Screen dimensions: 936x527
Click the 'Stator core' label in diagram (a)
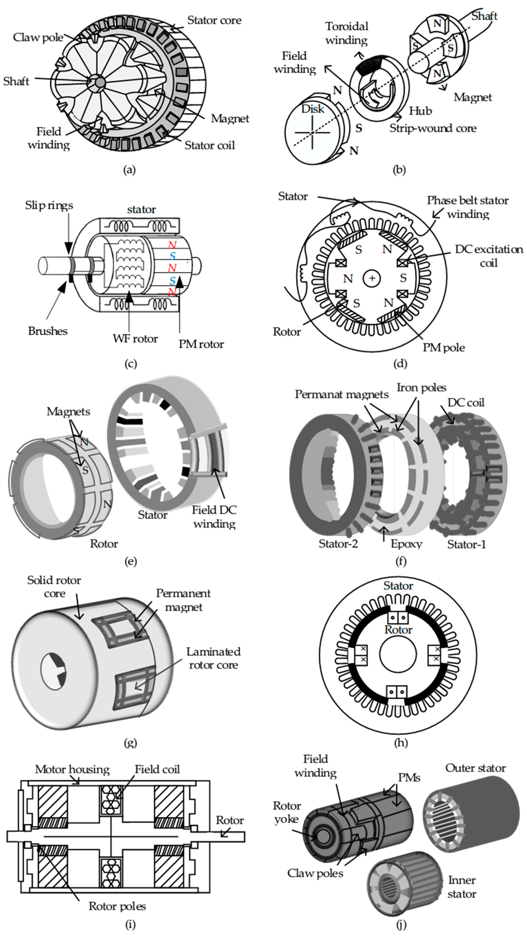(214, 20)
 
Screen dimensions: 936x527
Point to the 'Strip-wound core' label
(433, 128)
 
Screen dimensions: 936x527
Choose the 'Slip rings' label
(49, 205)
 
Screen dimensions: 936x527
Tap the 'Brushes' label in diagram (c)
(48, 331)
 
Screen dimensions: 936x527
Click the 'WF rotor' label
(135, 339)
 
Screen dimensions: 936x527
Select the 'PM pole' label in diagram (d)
(443, 348)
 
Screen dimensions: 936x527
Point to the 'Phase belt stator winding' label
(467, 207)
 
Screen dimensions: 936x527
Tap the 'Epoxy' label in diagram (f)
(406, 544)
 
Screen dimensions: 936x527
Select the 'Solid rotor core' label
(54, 586)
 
